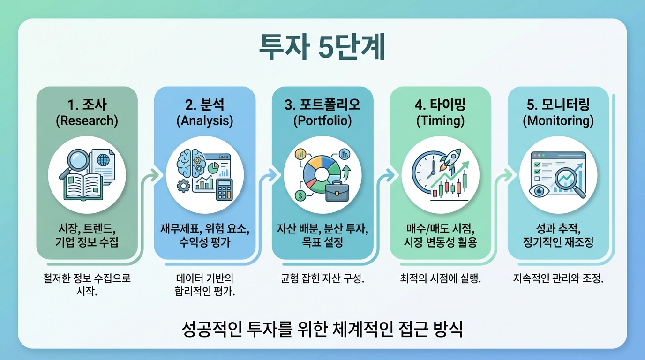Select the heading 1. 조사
[x=87, y=104]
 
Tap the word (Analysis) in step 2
[x=204, y=121]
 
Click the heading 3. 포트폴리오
[x=322, y=104]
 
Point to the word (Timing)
[x=440, y=121]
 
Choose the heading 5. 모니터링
[x=558, y=104]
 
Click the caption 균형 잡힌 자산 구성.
[x=322, y=278]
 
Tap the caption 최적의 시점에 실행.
[x=440, y=278]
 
